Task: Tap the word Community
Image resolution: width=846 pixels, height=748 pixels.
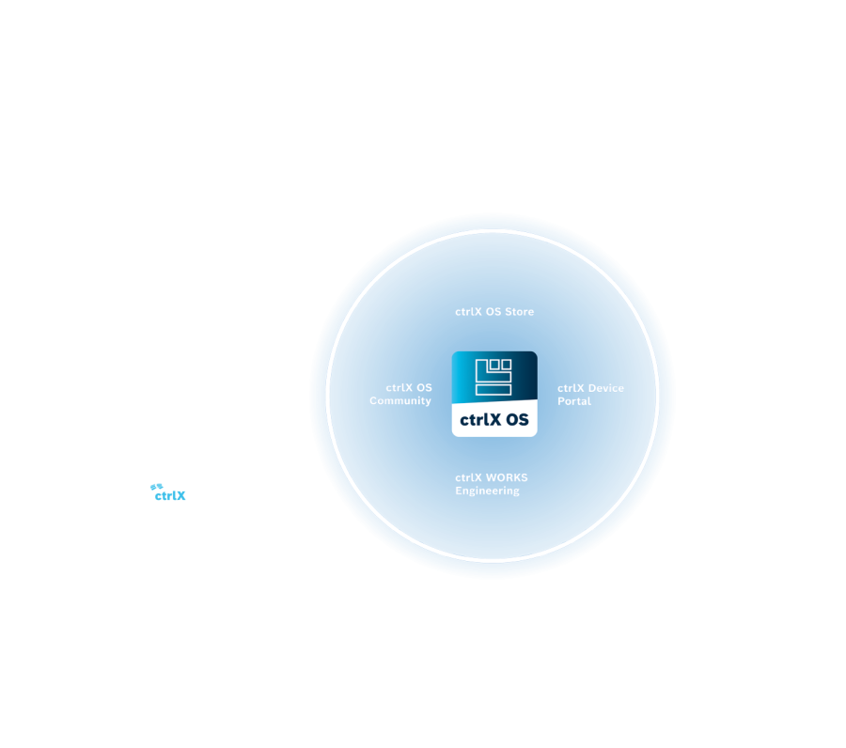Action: click(x=400, y=401)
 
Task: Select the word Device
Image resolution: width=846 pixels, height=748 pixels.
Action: click(x=606, y=388)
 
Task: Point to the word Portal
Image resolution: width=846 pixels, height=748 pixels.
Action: click(x=574, y=401)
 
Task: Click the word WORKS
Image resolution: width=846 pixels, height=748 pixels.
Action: click(x=507, y=477)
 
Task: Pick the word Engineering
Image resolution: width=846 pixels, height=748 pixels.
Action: click(x=487, y=491)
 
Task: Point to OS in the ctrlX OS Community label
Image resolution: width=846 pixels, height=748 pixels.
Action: click(x=424, y=388)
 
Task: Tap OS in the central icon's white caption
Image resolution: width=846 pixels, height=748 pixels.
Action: click(x=517, y=420)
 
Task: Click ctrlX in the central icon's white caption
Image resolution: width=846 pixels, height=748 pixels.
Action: click(x=480, y=420)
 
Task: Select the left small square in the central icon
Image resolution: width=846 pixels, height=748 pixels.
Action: click(x=494, y=365)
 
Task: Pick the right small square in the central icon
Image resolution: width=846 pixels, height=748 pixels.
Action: click(x=506, y=365)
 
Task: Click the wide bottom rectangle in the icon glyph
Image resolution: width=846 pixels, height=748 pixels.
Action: click(x=493, y=389)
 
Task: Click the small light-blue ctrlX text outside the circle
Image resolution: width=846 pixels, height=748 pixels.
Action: click(x=170, y=495)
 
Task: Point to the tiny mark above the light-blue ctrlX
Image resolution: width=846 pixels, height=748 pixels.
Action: click(x=156, y=486)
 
